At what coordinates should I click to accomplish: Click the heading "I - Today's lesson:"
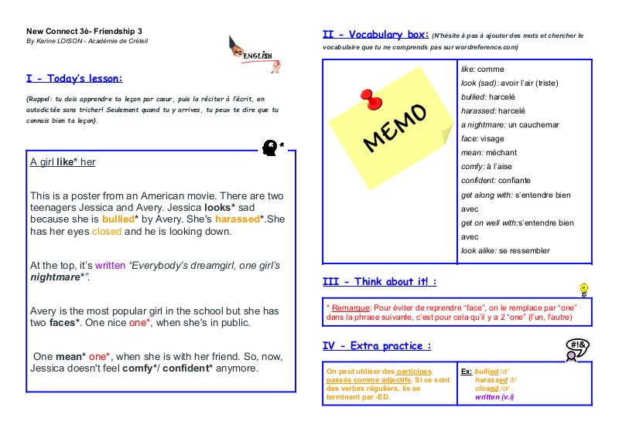click(74, 78)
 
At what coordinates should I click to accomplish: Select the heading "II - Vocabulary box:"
click(375, 35)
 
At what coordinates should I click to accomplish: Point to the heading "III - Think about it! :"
click(379, 282)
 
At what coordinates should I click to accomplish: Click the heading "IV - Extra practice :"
click(377, 345)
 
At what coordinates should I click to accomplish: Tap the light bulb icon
click(584, 290)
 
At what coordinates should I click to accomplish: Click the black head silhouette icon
click(272, 146)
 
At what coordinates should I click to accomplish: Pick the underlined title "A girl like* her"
click(63, 162)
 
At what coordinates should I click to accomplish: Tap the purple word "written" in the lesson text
click(109, 265)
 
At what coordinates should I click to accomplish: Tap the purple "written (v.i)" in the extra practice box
click(494, 397)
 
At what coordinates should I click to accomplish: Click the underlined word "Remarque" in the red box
click(349, 307)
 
